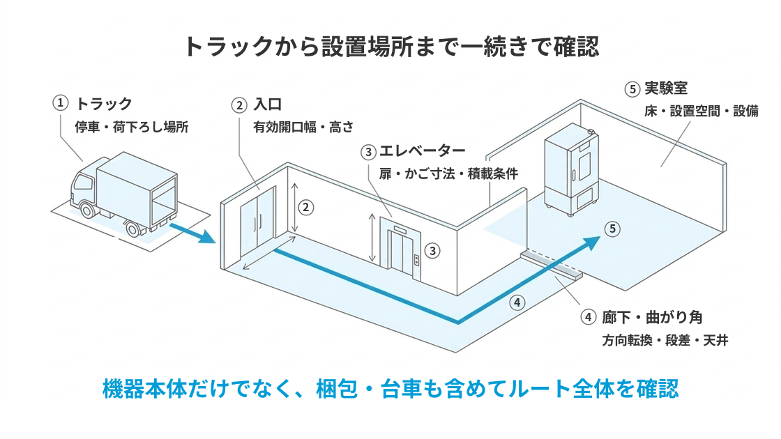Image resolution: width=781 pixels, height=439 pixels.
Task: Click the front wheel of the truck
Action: [88, 210]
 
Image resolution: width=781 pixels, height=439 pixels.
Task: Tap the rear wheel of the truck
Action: [133, 229]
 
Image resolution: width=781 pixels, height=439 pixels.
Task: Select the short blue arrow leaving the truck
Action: [192, 233]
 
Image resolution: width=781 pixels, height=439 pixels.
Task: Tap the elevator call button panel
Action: [416, 260]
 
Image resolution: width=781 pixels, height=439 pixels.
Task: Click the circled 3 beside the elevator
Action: [432, 250]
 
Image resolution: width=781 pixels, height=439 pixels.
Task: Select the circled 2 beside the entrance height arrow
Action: [306, 207]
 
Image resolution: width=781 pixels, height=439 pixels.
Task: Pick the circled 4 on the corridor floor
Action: [517, 302]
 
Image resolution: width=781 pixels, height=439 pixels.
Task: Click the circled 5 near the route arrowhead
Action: [613, 229]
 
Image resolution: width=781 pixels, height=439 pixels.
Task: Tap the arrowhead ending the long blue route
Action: [592, 243]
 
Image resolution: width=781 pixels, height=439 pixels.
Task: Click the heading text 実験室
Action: [666, 88]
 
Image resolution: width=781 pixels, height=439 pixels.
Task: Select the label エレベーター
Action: [423, 151]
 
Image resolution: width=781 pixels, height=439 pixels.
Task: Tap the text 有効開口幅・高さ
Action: [303, 128]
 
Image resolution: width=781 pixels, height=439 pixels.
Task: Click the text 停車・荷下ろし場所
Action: [132, 127]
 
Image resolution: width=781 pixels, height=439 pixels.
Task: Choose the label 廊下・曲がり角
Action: [652, 317]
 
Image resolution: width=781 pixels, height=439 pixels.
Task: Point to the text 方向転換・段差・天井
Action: [665, 341]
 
